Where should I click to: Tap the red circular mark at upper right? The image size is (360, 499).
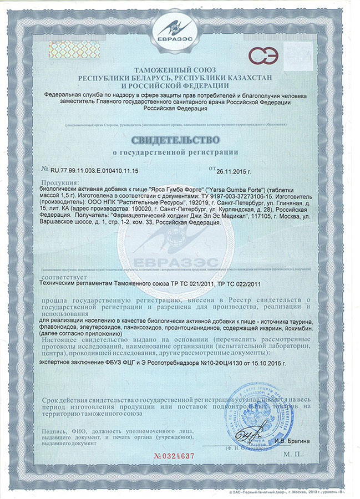coord(259,55)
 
